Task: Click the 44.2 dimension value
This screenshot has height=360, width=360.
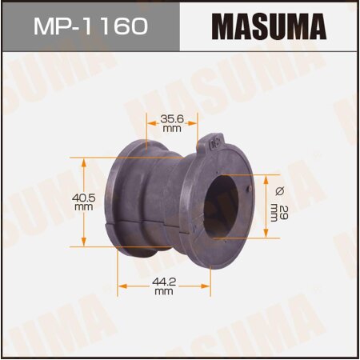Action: pos(164,282)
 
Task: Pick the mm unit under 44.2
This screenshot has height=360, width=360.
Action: pos(164,292)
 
